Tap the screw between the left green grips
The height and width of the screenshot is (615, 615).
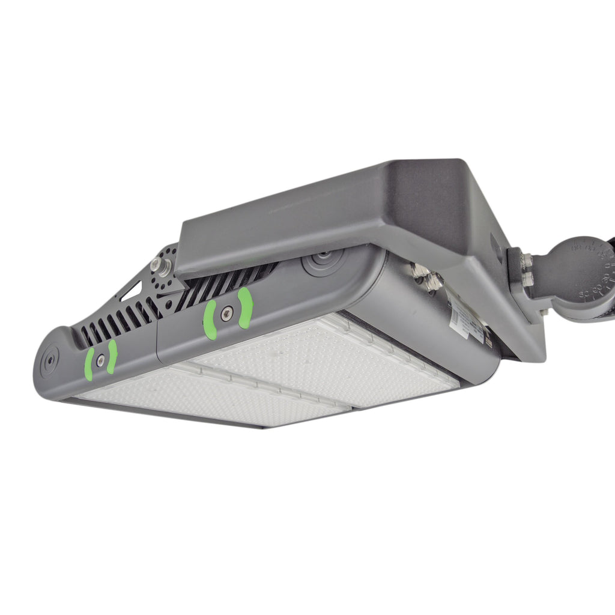(x=100, y=360)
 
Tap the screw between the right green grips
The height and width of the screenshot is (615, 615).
(x=226, y=312)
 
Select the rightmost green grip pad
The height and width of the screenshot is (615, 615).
(x=244, y=307)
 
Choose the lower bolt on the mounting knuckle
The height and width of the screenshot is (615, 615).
(x=527, y=279)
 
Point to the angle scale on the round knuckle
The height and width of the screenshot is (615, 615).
(x=592, y=270)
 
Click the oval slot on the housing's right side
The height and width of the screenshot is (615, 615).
(x=494, y=244)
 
